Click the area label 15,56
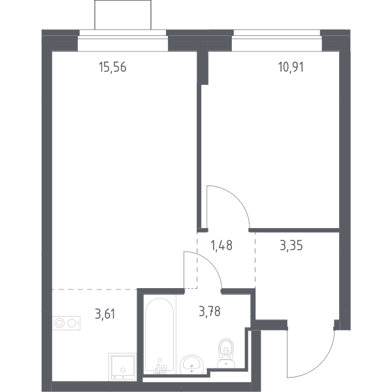click(x=112, y=67)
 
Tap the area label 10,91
click(x=291, y=67)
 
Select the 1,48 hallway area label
click(x=221, y=245)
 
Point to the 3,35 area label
click(x=291, y=245)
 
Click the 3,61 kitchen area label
click(x=105, y=314)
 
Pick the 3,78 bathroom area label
click(x=210, y=312)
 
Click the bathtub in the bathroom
click(x=159, y=335)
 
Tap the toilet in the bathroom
click(x=226, y=353)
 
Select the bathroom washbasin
click(x=191, y=365)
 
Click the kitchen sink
click(x=123, y=367)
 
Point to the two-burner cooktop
click(x=66, y=323)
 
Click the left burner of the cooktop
click(x=59, y=323)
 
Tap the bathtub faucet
click(x=161, y=367)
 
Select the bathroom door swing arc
click(x=211, y=263)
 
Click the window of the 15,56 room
click(x=123, y=41)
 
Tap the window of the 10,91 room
click(x=277, y=41)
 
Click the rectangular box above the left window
click(x=123, y=15)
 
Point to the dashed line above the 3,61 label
click(x=95, y=289)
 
